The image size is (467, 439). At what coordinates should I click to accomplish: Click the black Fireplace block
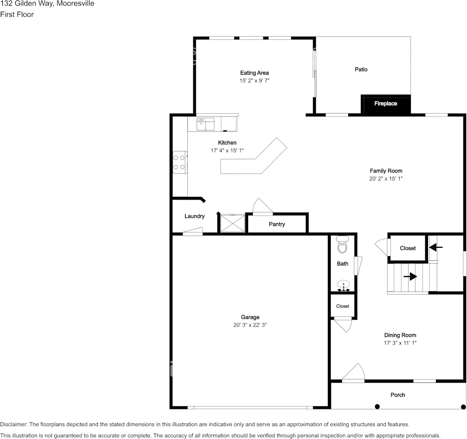point(386,104)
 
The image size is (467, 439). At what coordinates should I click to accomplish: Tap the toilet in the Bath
point(343,245)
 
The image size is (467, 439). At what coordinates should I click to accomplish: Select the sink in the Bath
point(343,285)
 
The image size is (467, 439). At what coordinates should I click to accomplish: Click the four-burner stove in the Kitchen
point(180,162)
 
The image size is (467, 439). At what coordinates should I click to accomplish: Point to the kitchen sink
point(205,124)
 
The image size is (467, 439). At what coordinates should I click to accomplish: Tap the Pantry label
point(277,224)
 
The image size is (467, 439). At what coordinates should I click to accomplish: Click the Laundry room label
point(194,216)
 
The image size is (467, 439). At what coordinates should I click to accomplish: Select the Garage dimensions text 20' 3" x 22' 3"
point(250,325)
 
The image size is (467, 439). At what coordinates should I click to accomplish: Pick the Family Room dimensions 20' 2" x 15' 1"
point(386,179)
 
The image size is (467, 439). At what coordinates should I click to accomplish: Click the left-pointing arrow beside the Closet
point(436,247)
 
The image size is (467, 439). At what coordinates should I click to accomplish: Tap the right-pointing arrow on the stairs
point(410,277)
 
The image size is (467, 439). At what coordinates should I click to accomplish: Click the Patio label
point(361,70)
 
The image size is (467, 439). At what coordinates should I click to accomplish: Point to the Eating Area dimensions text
point(255,80)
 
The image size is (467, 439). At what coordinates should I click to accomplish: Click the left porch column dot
point(377,407)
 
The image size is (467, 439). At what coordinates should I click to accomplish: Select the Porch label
point(398,395)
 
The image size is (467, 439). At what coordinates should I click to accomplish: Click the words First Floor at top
point(17,14)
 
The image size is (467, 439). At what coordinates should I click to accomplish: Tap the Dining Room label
point(400,335)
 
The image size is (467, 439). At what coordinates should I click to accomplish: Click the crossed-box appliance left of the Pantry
point(233,223)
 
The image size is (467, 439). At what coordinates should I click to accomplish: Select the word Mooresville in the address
point(76,4)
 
